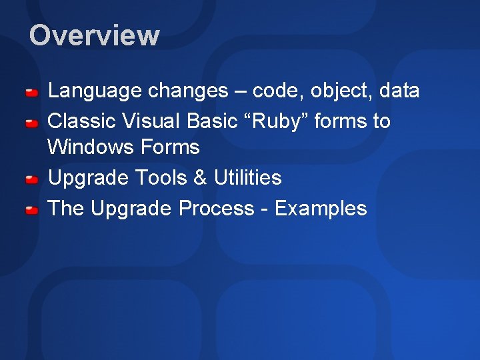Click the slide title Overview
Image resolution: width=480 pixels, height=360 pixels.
[94, 35]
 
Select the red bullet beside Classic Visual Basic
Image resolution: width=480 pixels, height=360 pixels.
[31, 123]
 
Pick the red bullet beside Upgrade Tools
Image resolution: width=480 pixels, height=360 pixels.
[31, 180]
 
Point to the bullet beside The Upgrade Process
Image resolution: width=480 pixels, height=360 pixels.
[31, 211]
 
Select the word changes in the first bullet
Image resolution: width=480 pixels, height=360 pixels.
[187, 91]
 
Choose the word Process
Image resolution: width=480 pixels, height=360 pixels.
[216, 209]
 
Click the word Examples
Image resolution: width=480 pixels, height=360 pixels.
[321, 209]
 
